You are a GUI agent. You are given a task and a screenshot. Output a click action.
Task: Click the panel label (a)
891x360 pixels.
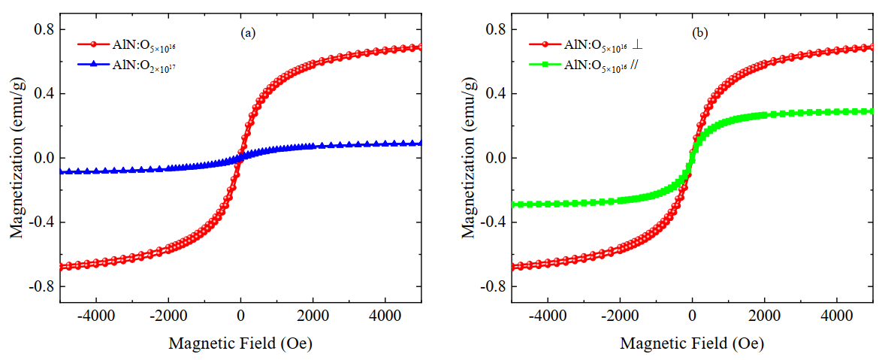pyautogui.click(x=248, y=33)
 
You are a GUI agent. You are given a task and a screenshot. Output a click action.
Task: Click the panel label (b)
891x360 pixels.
pyautogui.click(x=700, y=33)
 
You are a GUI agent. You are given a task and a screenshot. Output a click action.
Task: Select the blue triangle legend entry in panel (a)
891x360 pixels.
pyautogui.click(x=128, y=66)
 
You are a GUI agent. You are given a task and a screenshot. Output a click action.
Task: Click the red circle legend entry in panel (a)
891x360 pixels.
pyautogui.click(x=128, y=45)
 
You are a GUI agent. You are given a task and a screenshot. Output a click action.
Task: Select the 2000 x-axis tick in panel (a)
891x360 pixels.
pyautogui.click(x=313, y=317)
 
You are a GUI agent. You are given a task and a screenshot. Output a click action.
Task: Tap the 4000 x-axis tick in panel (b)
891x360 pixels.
pyautogui.click(x=837, y=317)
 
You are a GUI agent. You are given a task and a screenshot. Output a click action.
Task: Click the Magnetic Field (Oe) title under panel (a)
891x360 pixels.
pyautogui.click(x=240, y=343)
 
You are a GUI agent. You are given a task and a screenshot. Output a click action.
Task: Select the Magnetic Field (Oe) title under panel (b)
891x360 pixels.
pyautogui.click(x=692, y=343)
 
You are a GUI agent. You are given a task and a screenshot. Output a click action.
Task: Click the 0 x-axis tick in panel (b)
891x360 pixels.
pyautogui.click(x=692, y=317)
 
